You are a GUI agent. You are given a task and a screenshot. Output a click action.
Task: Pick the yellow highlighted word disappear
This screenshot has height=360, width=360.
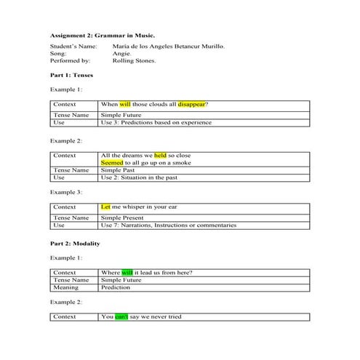coord(191,105)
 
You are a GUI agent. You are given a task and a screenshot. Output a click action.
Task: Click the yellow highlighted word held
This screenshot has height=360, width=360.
coord(160,156)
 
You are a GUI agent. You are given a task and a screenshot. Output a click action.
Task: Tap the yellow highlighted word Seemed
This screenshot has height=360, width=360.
coord(113,163)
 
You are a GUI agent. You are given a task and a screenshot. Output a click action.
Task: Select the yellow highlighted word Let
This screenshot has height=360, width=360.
coord(106,207)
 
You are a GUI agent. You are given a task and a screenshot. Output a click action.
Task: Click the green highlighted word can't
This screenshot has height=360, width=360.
coord(121,317)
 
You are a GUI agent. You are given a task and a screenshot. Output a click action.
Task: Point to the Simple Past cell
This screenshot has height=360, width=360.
coord(117,170)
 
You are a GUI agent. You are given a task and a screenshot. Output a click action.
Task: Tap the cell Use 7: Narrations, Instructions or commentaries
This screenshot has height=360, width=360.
coord(168,225)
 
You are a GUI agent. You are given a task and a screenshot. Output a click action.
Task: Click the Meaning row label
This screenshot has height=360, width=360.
coord(66,287)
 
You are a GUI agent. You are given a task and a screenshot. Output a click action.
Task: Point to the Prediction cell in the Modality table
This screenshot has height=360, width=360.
coord(116,287)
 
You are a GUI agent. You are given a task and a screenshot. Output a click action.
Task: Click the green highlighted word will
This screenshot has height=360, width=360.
coord(127,273)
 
